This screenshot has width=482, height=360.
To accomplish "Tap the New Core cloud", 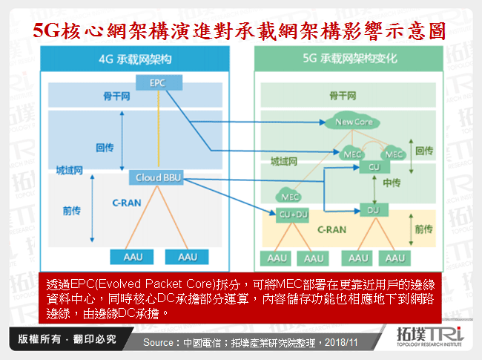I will pos(352,122).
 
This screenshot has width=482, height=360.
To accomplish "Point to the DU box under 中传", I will pos(374,210).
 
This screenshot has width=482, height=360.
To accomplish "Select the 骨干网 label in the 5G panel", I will pos(343,96).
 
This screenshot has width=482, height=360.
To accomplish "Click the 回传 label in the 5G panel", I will pos(424,150).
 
